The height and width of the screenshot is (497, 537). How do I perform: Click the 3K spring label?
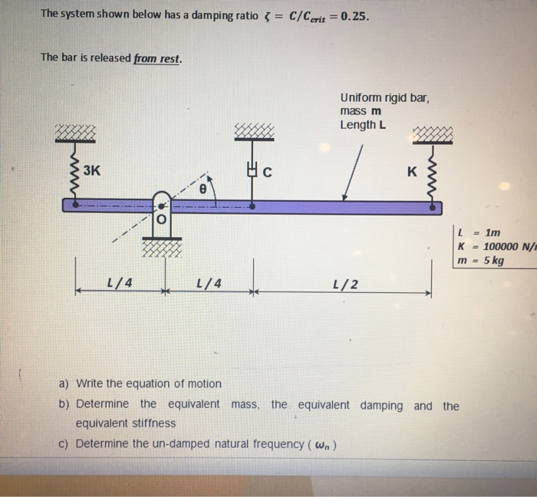(x=91, y=170)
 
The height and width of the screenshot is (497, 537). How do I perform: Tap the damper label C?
(x=267, y=173)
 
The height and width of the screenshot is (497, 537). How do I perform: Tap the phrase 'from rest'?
(x=157, y=58)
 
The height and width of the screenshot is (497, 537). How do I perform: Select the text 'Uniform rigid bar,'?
(x=384, y=97)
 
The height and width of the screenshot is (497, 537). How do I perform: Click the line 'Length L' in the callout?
(x=363, y=125)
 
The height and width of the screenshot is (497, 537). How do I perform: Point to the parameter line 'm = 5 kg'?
(x=480, y=261)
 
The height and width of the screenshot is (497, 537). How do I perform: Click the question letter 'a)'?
(x=65, y=383)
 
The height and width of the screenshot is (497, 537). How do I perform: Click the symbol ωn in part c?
(x=321, y=444)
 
